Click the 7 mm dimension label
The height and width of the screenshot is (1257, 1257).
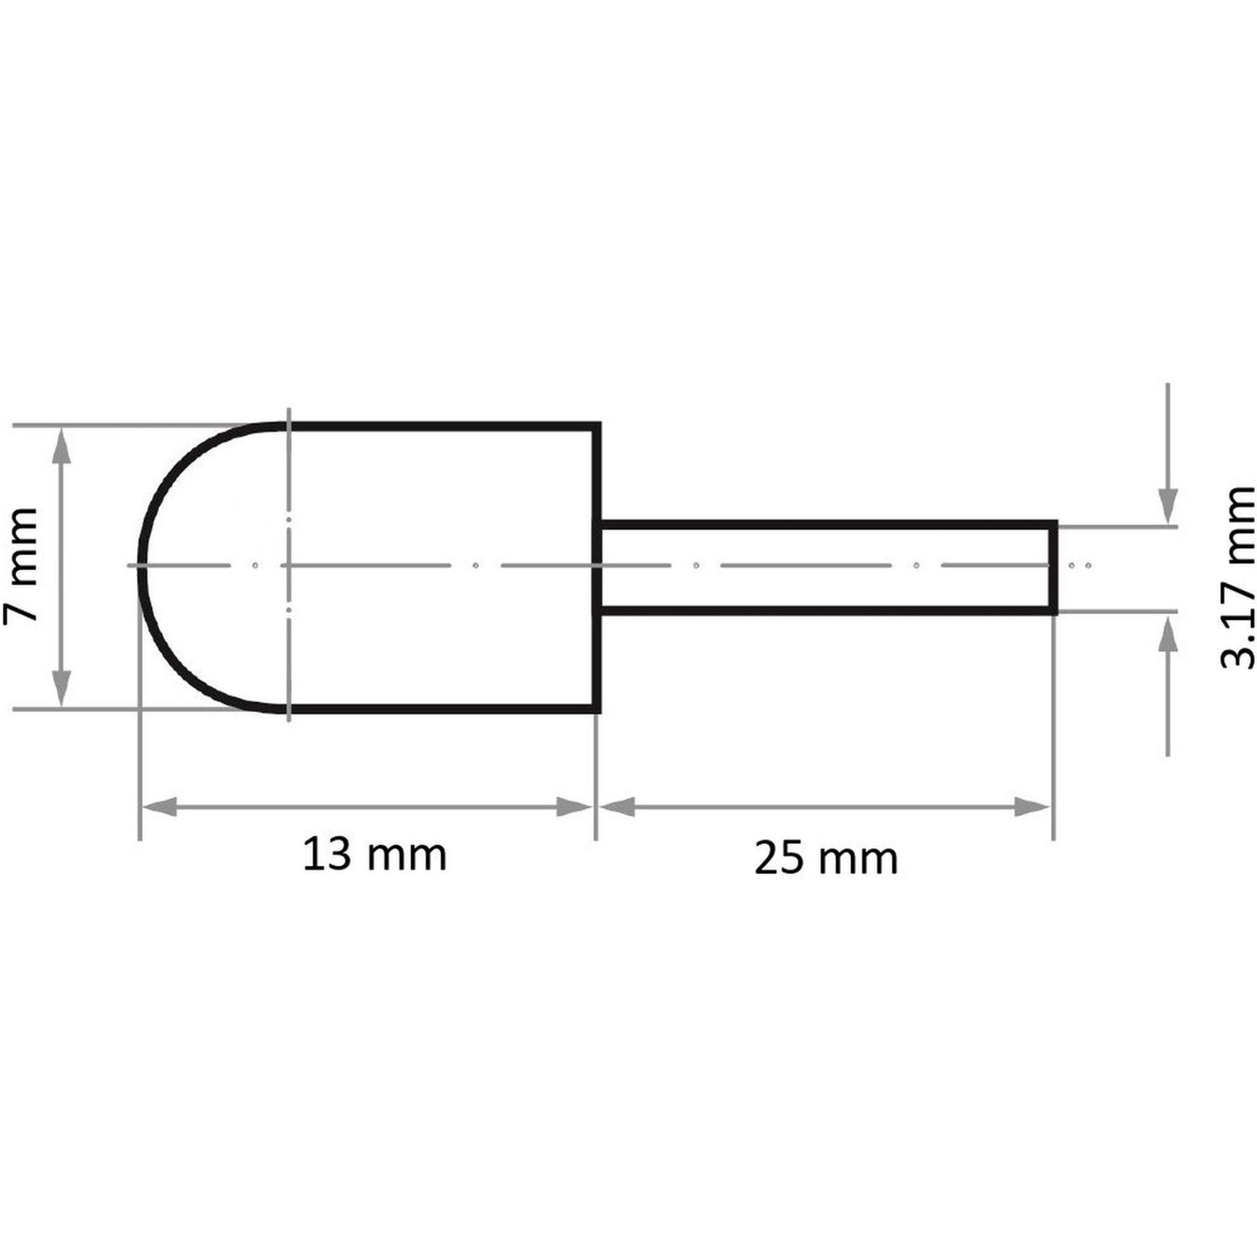[x=20, y=566]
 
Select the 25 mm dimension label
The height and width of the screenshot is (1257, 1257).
[x=826, y=858]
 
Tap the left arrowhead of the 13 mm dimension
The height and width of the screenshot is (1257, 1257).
[x=160, y=808]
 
